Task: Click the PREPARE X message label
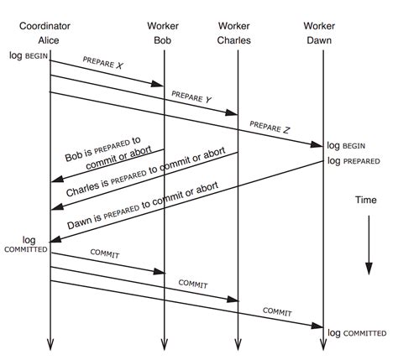coord(103,63)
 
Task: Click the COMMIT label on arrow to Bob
coord(107,253)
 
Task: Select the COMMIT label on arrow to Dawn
coord(278,310)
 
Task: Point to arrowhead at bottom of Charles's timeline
coord(239,344)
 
